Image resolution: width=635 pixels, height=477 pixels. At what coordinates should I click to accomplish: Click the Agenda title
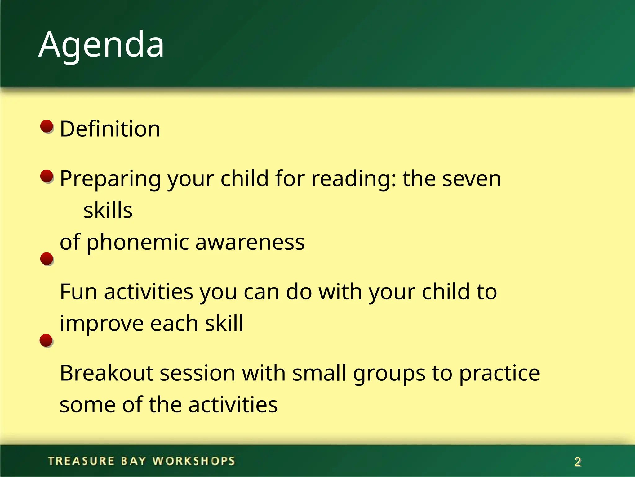coord(101,45)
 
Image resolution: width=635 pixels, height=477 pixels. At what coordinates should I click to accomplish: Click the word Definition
coord(110,129)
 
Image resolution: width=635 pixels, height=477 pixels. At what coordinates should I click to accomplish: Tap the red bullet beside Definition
coord(47,126)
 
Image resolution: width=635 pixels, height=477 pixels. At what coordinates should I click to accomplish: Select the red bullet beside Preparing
coord(47,176)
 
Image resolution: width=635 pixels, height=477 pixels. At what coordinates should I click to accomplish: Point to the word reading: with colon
coord(354,179)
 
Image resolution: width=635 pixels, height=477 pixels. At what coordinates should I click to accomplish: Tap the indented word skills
coord(108,211)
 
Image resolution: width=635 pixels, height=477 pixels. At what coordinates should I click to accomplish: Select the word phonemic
coord(137,243)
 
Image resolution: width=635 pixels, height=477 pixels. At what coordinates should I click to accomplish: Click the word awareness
coord(250,243)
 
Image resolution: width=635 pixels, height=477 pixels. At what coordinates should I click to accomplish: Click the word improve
coord(102,324)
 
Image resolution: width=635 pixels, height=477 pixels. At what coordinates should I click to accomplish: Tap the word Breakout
coord(106,373)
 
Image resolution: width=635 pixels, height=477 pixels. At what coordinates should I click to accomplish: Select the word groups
coord(389,374)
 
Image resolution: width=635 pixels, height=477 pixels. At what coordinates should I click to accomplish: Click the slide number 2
coord(578,462)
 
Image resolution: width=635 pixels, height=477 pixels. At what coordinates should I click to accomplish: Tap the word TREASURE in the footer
coord(81,461)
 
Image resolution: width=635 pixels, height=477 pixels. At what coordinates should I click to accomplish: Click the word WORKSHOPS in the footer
coord(194,461)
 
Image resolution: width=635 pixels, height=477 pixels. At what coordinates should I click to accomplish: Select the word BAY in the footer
coord(133,461)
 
